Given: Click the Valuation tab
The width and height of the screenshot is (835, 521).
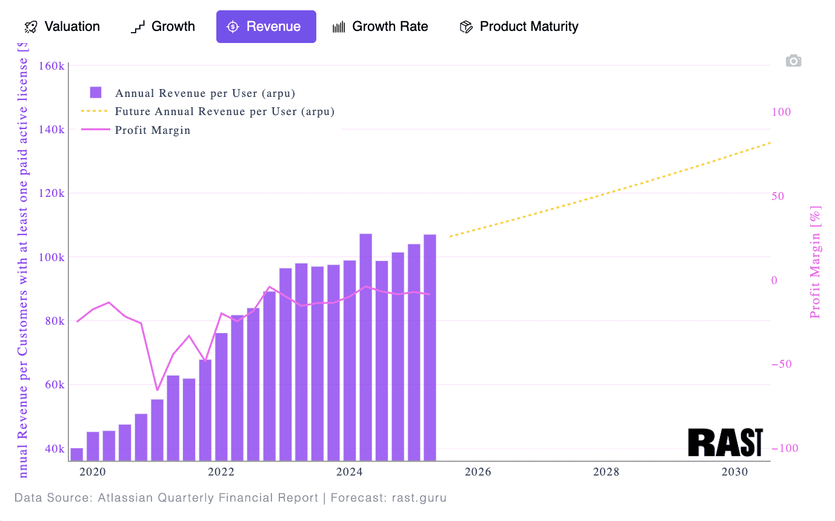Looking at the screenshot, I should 62,27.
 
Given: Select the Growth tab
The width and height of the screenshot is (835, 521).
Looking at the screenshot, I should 163,27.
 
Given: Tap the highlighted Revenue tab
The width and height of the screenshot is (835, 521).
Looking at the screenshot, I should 266,27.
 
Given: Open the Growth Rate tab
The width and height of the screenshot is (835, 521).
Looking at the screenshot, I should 381,27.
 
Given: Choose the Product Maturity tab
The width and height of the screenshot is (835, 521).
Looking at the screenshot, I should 519,27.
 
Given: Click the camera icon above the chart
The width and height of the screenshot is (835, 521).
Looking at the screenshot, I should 793,61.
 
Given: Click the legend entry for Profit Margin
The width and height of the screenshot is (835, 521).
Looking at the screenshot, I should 153,130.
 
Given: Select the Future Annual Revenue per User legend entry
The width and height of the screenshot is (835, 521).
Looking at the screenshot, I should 224,111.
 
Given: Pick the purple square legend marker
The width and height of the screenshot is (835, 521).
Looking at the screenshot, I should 96,93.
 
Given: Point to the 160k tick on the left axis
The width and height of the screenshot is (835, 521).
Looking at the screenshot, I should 52,65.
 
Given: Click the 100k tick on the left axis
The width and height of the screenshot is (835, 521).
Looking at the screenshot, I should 52,257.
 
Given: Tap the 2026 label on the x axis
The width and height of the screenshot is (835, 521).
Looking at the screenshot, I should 477,472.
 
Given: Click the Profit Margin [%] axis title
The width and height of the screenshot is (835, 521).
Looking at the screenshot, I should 815,262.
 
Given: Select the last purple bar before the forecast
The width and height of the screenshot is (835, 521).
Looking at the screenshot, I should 430,347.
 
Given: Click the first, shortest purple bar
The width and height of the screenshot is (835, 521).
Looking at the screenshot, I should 77,454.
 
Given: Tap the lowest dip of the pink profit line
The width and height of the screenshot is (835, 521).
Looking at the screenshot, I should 157,390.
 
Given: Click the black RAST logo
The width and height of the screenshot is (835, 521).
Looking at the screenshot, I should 725,442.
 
